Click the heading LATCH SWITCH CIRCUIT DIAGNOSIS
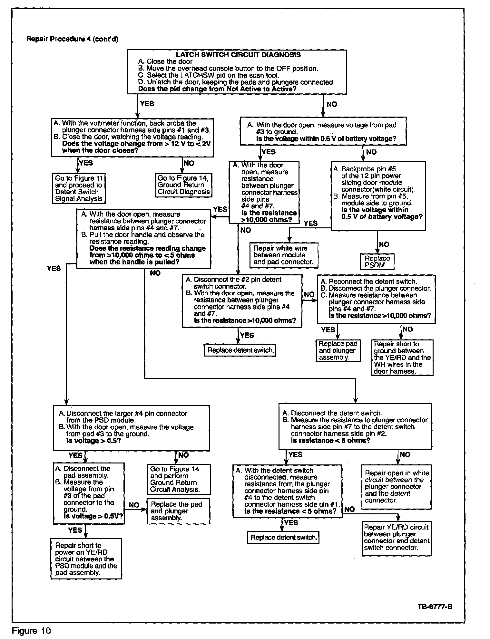238,55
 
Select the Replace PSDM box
377,262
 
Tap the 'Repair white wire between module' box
284,255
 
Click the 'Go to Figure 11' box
79,188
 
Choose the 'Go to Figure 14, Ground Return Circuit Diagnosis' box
184,185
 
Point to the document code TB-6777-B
435,607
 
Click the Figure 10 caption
31,630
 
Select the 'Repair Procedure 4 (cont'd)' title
72,39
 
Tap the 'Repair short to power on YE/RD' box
86,559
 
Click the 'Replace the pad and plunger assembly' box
178,511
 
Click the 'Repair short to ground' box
402,358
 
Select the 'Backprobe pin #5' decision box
378,196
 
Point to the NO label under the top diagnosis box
332,104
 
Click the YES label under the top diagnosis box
147,104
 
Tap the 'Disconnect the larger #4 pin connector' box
131,428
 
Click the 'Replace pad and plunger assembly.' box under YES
338,351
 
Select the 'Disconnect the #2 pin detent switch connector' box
242,301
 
